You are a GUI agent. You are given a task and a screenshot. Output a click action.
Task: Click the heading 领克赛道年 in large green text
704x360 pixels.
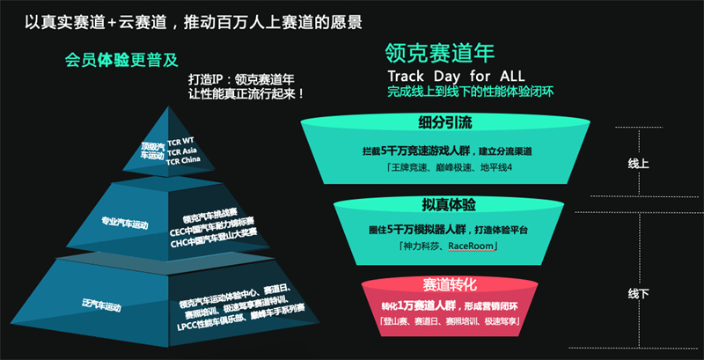[440, 54]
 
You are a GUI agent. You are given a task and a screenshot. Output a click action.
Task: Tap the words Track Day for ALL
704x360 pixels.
[456, 75]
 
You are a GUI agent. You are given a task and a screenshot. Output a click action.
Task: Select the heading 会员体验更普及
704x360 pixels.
[121, 60]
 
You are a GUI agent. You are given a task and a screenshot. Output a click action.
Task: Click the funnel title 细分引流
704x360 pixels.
[444, 123]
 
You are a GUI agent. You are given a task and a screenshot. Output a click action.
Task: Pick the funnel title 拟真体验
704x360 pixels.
[449, 205]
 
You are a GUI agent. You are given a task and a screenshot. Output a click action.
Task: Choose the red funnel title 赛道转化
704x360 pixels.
[450, 284]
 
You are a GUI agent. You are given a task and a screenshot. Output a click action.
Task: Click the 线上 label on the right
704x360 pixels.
[638, 165]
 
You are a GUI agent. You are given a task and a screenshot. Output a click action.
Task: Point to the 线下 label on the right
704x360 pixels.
[638, 294]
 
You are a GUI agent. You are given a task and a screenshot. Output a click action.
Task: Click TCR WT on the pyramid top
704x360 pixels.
[180, 143]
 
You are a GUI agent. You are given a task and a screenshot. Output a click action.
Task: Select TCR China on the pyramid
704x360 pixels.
[183, 160]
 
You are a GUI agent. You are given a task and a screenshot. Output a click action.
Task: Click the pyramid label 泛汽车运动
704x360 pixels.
[101, 305]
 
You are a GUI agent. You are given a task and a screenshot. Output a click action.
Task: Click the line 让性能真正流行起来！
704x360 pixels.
[247, 95]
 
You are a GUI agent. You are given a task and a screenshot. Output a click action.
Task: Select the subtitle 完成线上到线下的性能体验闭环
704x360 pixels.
[471, 92]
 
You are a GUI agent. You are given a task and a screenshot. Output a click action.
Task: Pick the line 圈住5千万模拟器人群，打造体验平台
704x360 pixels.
[446, 230]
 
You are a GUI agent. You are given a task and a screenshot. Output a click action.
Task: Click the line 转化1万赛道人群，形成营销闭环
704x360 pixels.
[450, 307]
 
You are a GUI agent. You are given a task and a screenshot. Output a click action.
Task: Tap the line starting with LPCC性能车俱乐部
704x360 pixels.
[240, 318]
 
